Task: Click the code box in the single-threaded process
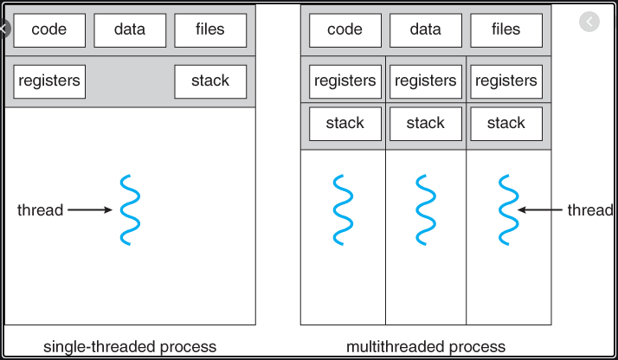pos(49,30)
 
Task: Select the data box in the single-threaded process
pos(130,30)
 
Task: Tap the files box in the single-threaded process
pos(210,30)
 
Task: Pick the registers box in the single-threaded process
pos(49,81)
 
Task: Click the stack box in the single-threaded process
pos(210,81)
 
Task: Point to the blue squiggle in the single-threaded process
pos(131,209)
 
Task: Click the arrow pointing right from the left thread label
pos(90,210)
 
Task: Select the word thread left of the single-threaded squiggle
pos(40,210)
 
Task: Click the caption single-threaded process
pos(130,347)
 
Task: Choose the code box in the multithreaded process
pos(345,30)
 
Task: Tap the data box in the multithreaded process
pos(426,30)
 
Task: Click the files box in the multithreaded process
pos(506,30)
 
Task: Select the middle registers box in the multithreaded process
pos(426,81)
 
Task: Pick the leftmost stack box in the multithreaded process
pos(345,124)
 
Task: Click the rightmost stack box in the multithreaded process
pos(506,124)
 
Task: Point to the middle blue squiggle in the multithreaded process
pos(426,209)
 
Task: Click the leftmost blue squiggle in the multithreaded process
pos(344,209)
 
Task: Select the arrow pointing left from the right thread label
pos(539,210)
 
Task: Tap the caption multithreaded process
pos(426,347)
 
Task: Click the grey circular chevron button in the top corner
pos(589,22)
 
